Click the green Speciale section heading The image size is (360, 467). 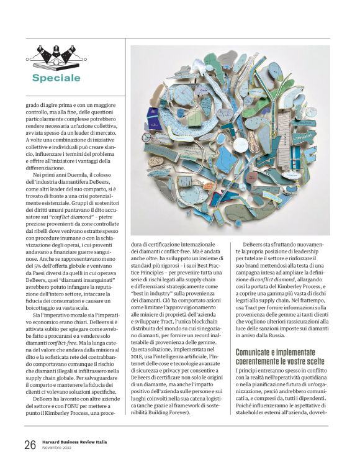[x=56, y=78]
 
